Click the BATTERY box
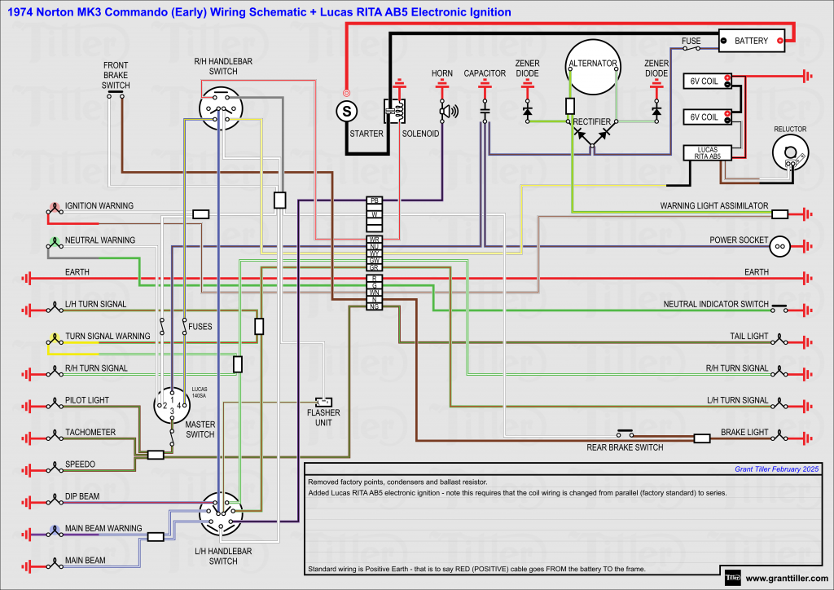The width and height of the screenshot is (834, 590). coord(751,41)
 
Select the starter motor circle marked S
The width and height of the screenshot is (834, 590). coord(347,110)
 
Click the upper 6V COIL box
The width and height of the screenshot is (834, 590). coord(706,81)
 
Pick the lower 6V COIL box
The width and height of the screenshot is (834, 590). coord(706,117)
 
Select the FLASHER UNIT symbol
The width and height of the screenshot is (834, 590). coord(324,402)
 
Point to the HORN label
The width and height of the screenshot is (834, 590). coord(442,73)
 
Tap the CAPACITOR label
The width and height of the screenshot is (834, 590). coord(485,73)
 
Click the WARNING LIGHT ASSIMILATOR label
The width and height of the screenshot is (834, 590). coord(713,206)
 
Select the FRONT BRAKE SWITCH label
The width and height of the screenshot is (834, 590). coord(116,75)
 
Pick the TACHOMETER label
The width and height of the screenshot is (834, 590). coord(90,432)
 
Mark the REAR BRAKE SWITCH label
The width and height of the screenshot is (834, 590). coord(625,447)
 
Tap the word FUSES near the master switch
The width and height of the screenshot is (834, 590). coord(200,327)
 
